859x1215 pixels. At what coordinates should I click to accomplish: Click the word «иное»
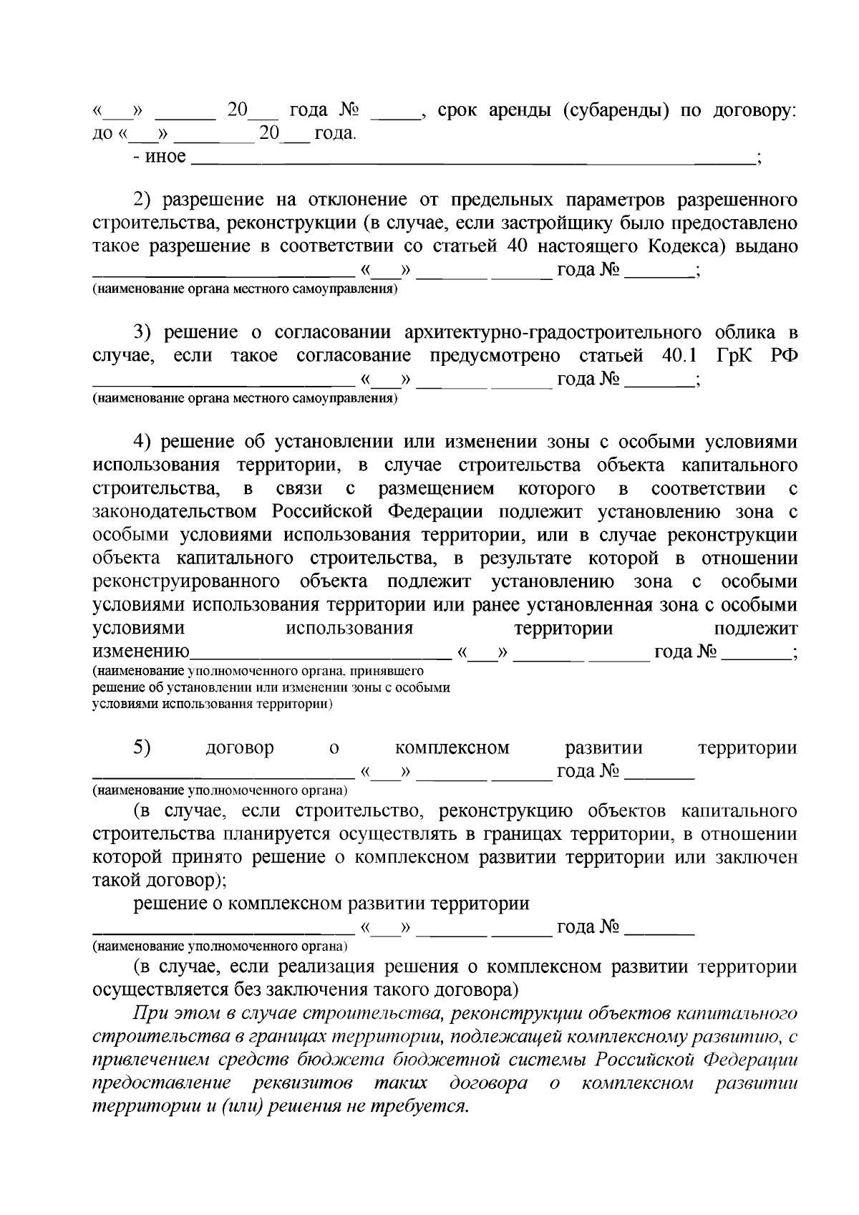click(x=165, y=157)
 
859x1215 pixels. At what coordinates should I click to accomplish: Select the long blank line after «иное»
click(x=472, y=163)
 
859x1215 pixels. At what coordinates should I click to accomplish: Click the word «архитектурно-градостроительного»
click(x=552, y=332)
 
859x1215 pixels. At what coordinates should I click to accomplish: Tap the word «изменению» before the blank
click(x=141, y=652)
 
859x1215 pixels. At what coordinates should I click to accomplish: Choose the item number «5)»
click(x=142, y=747)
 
